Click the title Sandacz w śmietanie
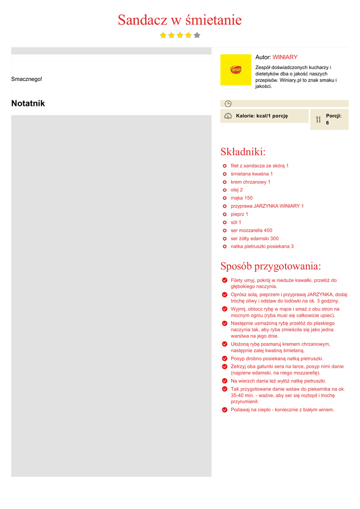(x=180, y=20)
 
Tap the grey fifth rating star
(x=197, y=35)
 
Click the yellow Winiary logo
(x=236, y=70)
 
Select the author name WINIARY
(x=285, y=57)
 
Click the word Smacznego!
(x=27, y=79)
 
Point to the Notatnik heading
(x=28, y=103)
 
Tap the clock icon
(x=228, y=103)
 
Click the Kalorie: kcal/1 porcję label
(x=262, y=116)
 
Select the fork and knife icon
(x=318, y=119)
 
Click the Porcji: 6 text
(x=333, y=119)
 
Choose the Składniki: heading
(x=243, y=152)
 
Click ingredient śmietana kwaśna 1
(x=252, y=174)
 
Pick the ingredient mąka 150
(x=242, y=198)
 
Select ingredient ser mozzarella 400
(x=251, y=231)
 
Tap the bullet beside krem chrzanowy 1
(x=225, y=182)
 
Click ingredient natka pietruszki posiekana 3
(x=262, y=247)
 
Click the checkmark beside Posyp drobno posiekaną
(x=225, y=358)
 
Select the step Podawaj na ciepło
(x=282, y=410)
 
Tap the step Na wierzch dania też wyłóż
(x=278, y=381)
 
